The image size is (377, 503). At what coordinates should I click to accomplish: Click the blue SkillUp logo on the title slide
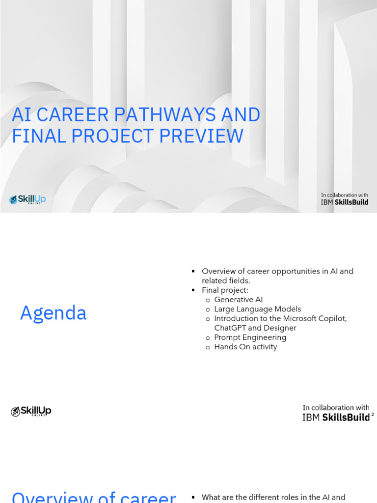click(x=27, y=199)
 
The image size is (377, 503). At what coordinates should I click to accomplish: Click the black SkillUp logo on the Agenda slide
click(x=31, y=412)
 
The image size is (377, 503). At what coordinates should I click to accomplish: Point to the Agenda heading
click(x=53, y=313)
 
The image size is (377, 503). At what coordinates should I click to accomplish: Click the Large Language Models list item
click(x=257, y=309)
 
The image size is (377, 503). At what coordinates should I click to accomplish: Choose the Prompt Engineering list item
click(x=250, y=337)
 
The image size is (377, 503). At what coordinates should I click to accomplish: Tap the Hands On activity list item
click(x=245, y=347)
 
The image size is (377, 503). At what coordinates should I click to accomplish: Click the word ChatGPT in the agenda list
click(x=230, y=328)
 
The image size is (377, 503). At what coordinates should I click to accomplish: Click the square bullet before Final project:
click(x=193, y=290)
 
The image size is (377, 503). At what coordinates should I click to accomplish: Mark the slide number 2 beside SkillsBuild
click(x=373, y=415)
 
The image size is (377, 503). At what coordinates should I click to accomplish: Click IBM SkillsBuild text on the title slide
click(x=344, y=202)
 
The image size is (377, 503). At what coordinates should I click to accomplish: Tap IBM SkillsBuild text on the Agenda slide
click(x=336, y=418)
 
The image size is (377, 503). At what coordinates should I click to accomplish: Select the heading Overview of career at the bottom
click(x=94, y=497)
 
